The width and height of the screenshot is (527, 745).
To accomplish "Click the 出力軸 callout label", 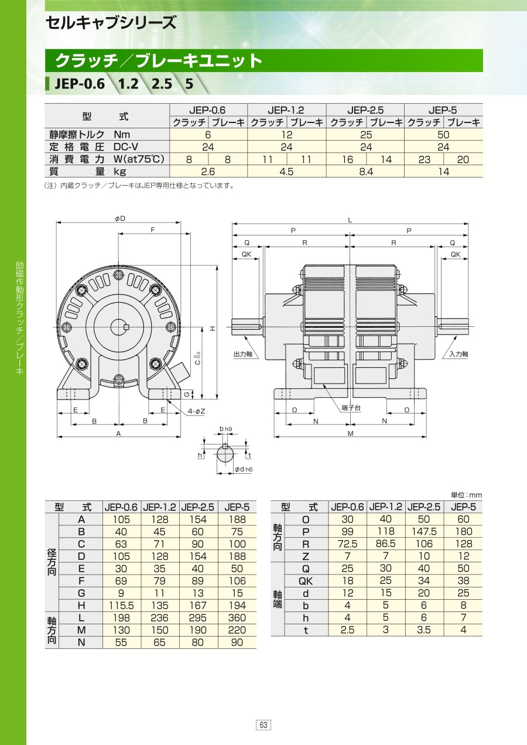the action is [x=243, y=354].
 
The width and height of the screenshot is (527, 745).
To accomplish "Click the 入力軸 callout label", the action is [x=458, y=354].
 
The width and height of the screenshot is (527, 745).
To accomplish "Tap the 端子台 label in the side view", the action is [x=351, y=408].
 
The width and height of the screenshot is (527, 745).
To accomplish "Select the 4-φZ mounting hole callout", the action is [x=196, y=411].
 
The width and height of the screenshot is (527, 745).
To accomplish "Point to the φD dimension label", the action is [x=120, y=218].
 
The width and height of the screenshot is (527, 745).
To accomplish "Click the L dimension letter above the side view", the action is [x=350, y=220].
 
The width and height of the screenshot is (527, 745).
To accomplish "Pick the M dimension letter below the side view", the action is [x=350, y=433].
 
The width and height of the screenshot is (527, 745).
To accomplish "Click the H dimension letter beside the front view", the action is [x=213, y=329].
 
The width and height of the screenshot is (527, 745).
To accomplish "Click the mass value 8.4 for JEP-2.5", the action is [x=366, y=172].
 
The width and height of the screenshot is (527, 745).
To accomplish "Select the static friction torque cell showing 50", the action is [x=443, y=135].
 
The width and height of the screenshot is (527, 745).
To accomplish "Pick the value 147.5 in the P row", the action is [x=424, y=531].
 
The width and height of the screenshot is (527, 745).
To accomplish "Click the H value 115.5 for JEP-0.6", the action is [x=121, y=606].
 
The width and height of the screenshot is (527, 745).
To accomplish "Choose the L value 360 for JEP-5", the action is [x=237, y=618].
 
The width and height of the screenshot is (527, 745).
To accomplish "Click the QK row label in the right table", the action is [x=306, y=581].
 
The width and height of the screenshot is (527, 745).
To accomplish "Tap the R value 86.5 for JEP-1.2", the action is [x=386, y=544].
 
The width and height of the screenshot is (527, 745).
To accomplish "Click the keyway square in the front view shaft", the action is [x=126, y=327].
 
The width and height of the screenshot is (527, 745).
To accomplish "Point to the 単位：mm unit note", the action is [x=466, y=495].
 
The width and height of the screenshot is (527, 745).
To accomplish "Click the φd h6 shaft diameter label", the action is [x=244, y=469].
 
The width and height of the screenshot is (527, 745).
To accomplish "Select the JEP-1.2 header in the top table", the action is [x=286, y=110].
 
